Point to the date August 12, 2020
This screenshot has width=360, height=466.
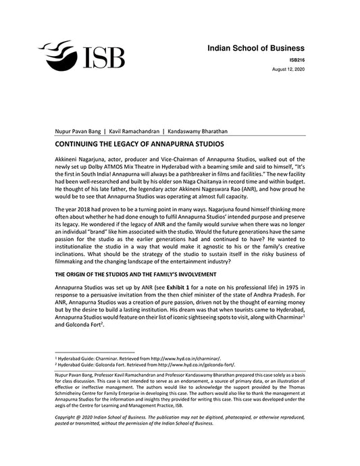tap(288, 70)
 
